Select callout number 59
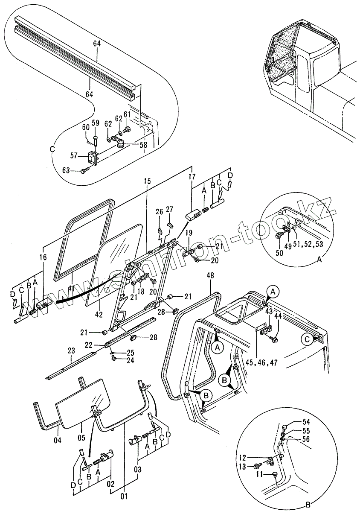pos(96,123)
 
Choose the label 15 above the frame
pos(147,181)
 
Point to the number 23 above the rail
pos(71,350)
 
